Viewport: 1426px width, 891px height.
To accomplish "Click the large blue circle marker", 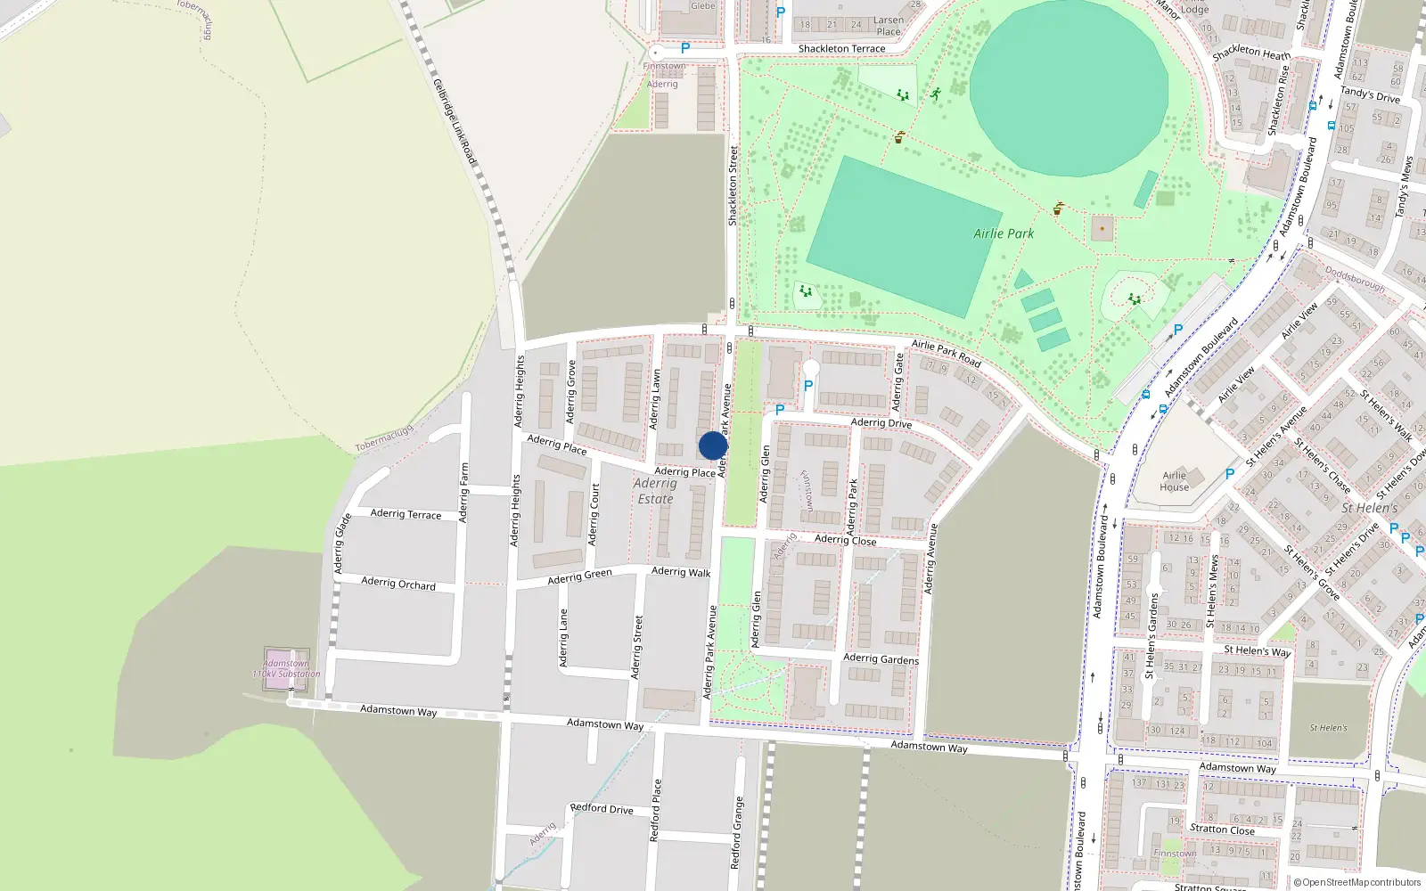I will coord(713,445).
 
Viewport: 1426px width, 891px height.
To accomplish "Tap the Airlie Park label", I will coord(1004,233).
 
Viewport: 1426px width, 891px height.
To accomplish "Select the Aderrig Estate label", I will coord(655,491).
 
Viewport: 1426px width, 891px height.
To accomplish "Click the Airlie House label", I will coord(1175,481).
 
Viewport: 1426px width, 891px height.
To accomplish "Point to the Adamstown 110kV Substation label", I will coord(286,668).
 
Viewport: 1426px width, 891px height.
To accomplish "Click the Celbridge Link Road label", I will coord(455,121).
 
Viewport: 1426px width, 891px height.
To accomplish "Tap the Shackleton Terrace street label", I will coord(841,49).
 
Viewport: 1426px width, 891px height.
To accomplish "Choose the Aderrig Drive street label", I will coord(881,423).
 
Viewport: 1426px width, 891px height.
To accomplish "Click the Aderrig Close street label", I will coord(845,540).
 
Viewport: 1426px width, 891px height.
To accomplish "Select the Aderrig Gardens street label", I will coord(881,658).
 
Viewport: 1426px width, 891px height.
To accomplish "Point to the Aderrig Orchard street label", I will coord(398,584).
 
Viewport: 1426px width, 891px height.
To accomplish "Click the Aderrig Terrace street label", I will coord(406,514).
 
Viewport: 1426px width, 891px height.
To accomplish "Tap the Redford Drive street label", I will coord(602,809).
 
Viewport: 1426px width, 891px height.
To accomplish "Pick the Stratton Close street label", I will coord(1222,830).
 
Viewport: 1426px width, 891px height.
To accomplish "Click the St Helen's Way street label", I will coord(1257,651).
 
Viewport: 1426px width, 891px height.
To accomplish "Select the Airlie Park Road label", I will coord(946,354).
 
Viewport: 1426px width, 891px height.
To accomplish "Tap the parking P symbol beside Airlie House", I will coord(1230,474).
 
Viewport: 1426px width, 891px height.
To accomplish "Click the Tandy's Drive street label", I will coord(1370,94).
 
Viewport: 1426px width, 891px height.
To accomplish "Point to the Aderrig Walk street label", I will coord(681,572).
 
